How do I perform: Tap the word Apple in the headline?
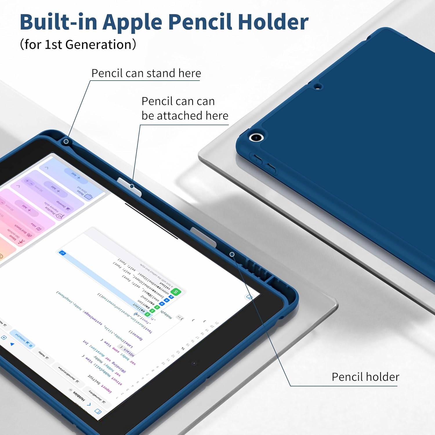[132, 23]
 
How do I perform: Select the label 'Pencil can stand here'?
[146, 73]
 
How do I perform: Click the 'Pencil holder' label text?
[365, 377]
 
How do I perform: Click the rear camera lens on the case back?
[256, 137]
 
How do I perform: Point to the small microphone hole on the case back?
[318, 86]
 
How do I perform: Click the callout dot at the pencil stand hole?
[66, 142]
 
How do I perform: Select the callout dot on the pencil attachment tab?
[132, 186]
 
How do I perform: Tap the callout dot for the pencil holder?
[232, 254]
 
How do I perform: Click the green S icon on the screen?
[176, 291]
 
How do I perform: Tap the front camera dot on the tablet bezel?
[194, 363]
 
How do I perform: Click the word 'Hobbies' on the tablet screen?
[79, 396]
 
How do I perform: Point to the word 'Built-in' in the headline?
[58, 22]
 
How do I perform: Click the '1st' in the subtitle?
[53, 45]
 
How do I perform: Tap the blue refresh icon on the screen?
[62, 253]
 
